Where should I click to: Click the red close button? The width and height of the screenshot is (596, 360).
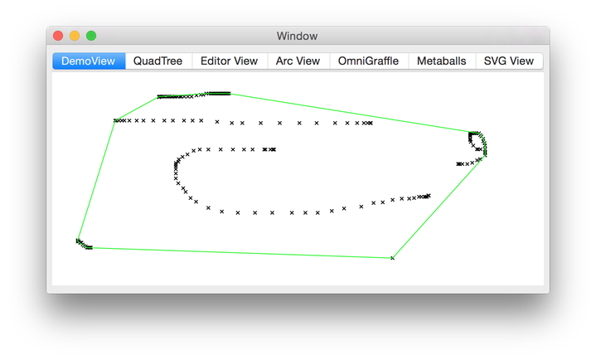[58, 36]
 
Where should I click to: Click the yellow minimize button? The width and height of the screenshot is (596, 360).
[75, 36]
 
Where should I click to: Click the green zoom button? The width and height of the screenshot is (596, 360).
[91, 36]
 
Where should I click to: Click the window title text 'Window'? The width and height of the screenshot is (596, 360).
[297, 36]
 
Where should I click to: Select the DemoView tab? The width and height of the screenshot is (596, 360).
[89, 61]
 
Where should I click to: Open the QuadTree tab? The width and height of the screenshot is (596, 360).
[157, 61]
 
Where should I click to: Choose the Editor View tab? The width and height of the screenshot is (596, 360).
[229, 61]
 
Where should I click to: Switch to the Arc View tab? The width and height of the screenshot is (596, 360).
[298, 61]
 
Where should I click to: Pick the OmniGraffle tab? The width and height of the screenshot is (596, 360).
[368, 61]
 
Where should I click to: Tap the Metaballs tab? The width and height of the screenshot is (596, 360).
[441, 61]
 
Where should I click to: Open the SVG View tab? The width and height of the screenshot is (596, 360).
[508, 61]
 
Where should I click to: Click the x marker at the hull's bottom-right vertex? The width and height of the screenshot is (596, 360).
[392, 258]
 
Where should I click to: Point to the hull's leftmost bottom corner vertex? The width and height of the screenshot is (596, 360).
[77, 241]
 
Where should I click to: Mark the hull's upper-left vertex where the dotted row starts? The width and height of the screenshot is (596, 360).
[114, 121]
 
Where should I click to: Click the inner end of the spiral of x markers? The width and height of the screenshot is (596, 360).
[274, 149]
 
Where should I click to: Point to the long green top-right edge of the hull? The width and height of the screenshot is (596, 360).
[348, 112]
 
